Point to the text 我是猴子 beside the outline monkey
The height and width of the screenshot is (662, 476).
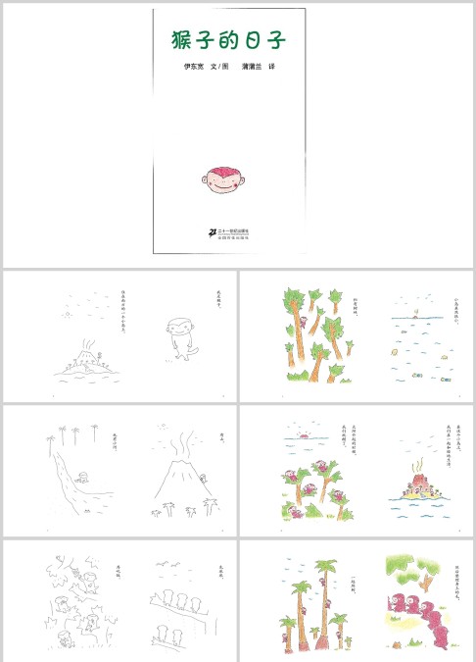click(x=219, y=302)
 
